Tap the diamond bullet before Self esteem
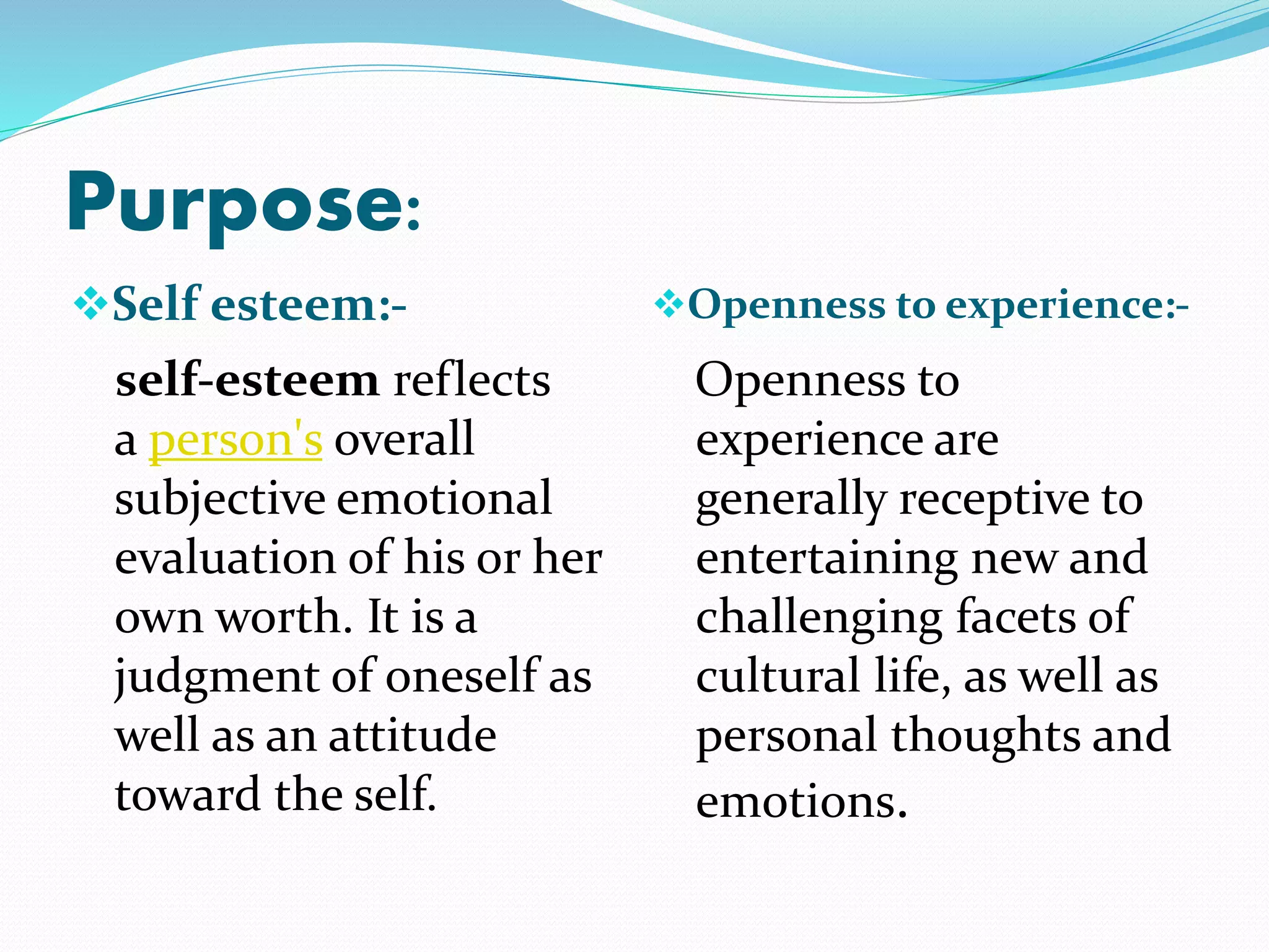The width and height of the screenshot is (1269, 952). tap(90, 304)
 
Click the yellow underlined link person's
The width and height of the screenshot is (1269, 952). tap(235, 440)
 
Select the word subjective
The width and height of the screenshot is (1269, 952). tap(220, 500)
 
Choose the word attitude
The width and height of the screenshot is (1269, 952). tap(412, 736)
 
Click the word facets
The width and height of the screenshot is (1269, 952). tap(1016, 617)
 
